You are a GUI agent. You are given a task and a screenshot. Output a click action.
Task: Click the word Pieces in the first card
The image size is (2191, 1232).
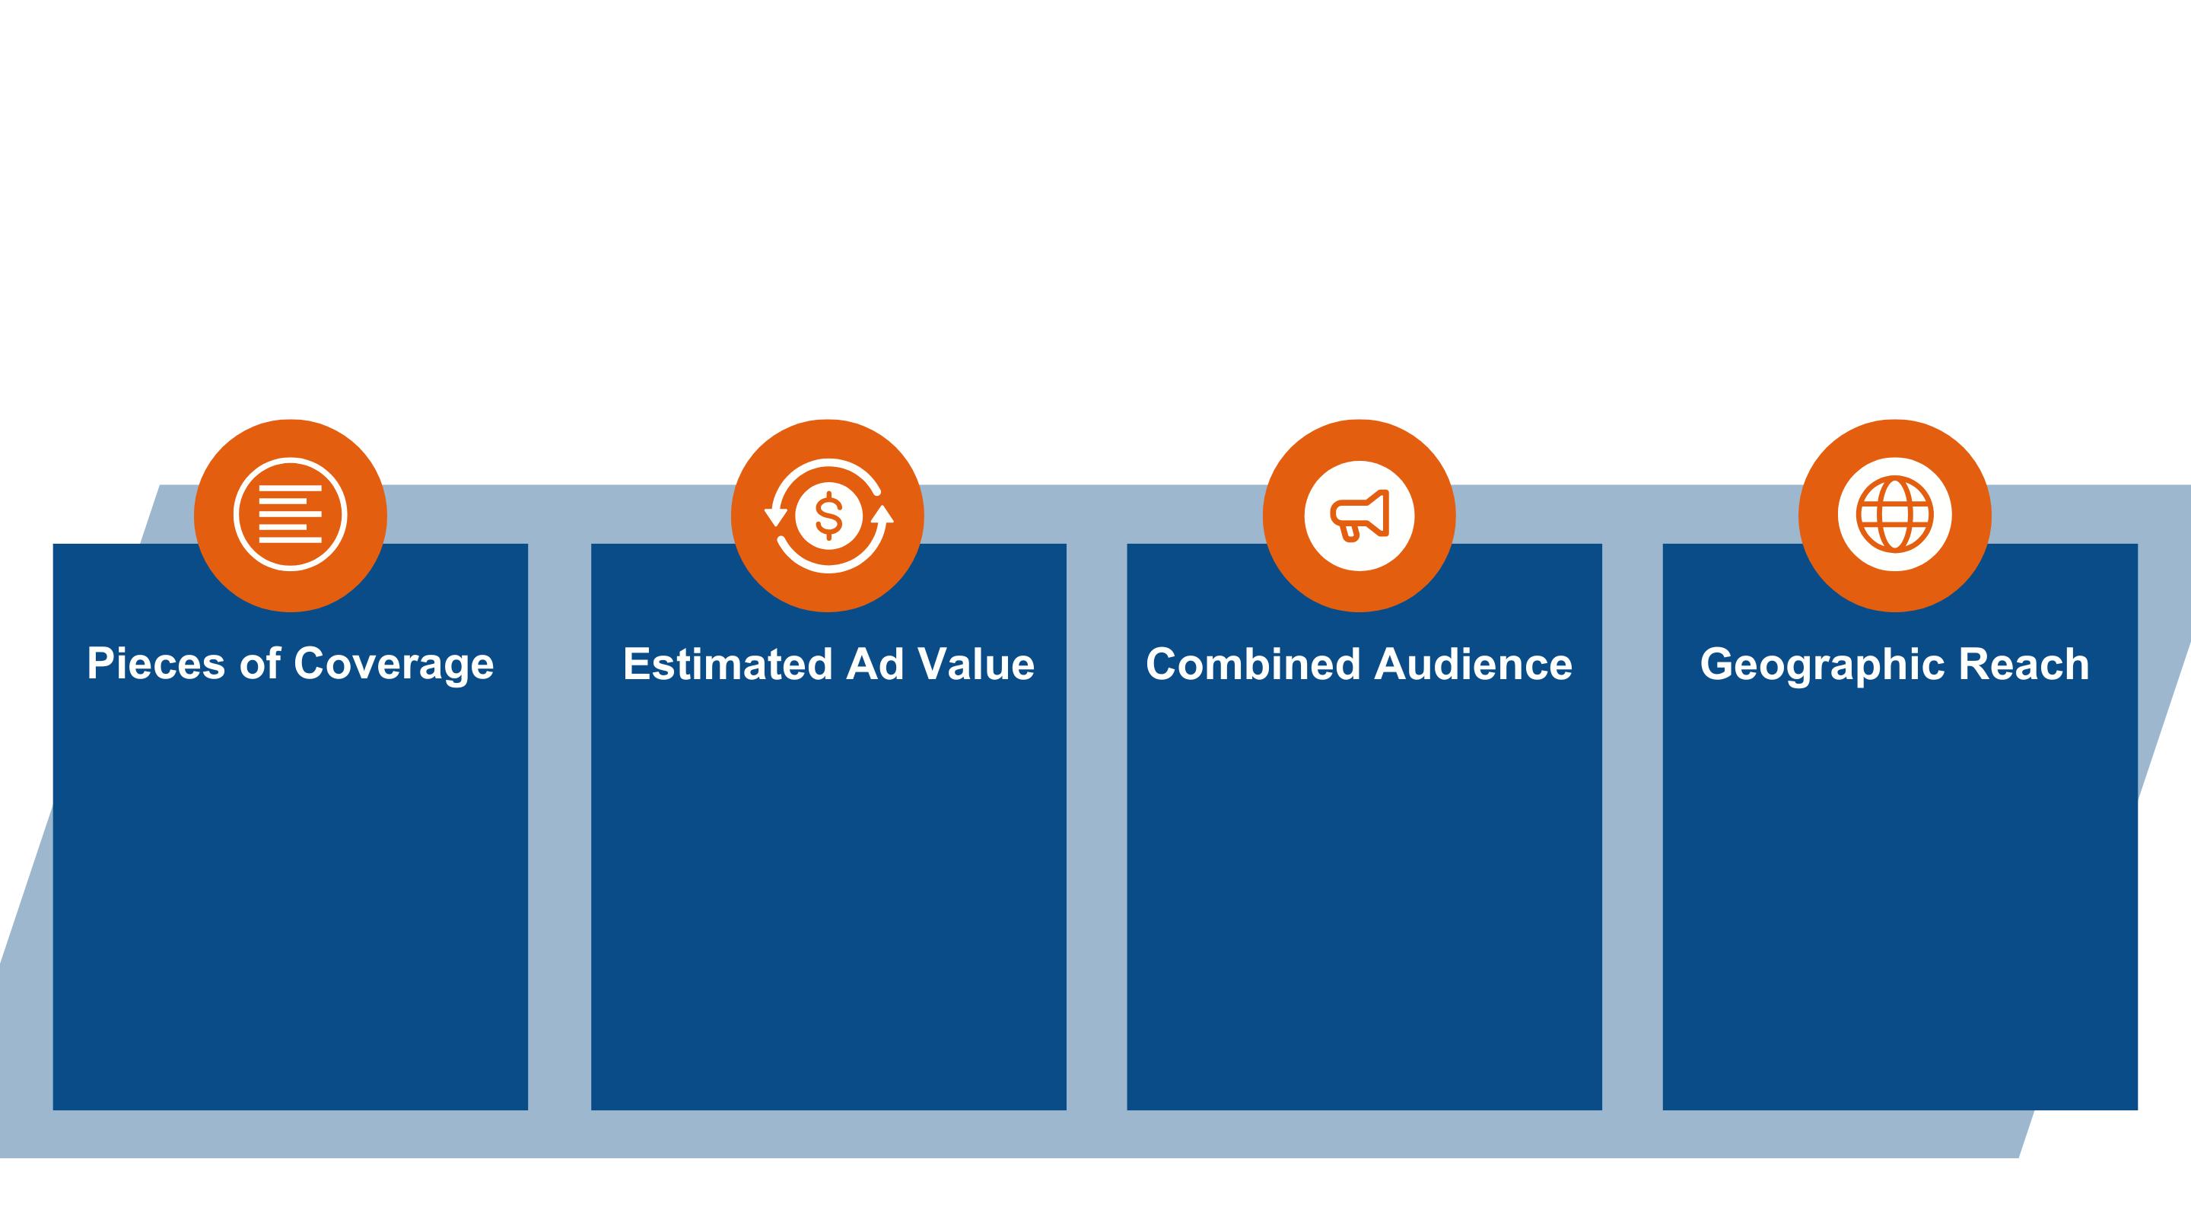(156, 663)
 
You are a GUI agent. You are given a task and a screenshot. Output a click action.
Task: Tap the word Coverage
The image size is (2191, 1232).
(393, 665)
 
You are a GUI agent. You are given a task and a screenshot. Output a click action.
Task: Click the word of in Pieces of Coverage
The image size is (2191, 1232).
(259, 663)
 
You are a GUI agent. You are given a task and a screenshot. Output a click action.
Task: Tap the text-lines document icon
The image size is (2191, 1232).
(290, 514)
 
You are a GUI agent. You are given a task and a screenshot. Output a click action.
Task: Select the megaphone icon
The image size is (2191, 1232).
(1360, 514)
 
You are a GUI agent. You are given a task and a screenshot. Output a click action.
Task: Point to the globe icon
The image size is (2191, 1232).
(1894, 514)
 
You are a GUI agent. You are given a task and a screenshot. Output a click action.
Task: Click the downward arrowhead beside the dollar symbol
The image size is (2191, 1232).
(776, 516)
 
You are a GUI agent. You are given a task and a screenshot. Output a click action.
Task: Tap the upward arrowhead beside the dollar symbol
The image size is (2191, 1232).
(882, 513)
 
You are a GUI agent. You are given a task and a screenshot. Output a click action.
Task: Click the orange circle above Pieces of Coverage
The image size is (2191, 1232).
(290, 442)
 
